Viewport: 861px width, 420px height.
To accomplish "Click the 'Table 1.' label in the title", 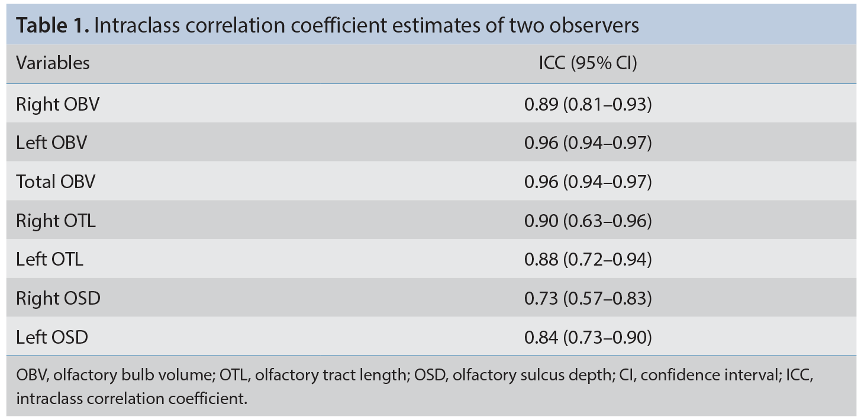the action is (53, 26).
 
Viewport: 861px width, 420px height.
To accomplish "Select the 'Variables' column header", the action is (53, 63).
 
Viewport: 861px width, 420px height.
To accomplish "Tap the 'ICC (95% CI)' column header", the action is (588, 63).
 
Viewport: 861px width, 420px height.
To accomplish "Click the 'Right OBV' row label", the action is (57, 105).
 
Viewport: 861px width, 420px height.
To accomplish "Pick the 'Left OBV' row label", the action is (51, 143).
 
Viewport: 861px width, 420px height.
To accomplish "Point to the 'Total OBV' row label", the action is (56, 182).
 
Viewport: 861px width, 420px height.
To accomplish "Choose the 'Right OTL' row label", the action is (56, 221).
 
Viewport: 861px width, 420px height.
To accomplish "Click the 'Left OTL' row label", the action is (50, 259).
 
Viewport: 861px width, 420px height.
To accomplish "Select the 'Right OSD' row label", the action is (58, 298).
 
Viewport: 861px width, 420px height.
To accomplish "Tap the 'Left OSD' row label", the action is (52, 337).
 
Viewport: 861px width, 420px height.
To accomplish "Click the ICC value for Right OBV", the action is (588, 105).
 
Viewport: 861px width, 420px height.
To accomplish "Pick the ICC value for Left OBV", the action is (588, 143).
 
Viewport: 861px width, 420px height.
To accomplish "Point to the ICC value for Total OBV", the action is (588, 182).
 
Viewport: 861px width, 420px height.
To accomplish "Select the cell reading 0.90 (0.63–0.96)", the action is (588, 221).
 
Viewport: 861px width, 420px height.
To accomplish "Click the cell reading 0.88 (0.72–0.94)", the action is (588, 259).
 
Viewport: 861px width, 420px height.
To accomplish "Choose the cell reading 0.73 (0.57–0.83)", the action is (588, 298).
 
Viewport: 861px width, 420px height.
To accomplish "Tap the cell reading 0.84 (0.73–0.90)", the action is (588, 337).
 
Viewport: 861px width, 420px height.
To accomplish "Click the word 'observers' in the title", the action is (594, 26).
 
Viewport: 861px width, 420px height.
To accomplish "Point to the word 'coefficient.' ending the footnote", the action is (208, 399).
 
